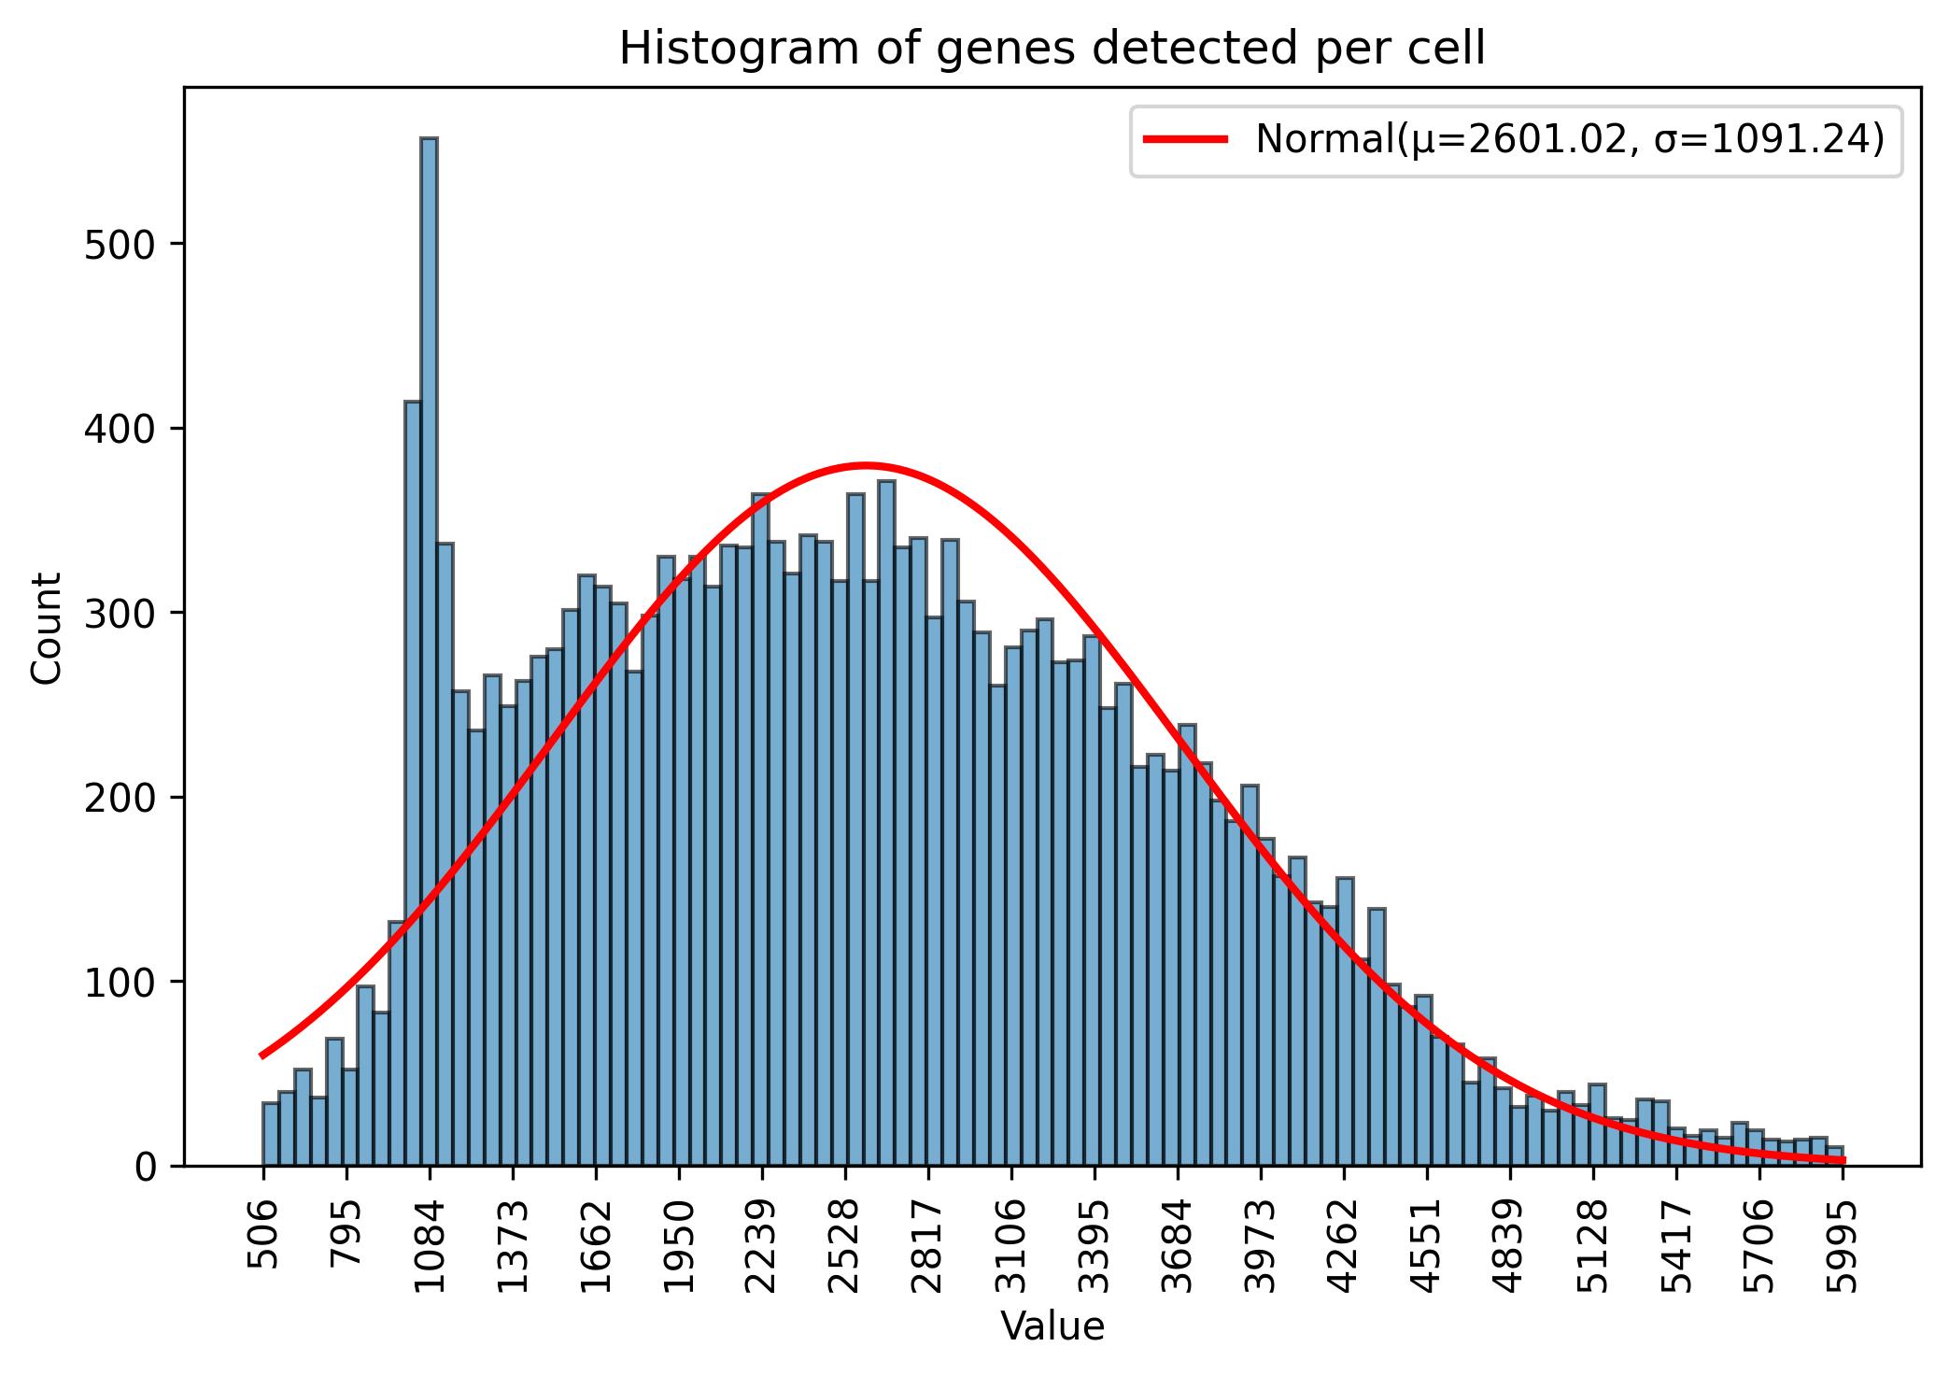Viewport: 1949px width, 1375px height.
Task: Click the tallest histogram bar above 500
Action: point(429,654)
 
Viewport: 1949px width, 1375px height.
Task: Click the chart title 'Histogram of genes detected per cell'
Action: point(1052,50)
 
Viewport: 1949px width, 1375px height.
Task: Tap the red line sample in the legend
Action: point(1185,139)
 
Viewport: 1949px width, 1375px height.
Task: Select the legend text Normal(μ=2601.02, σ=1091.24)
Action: point(1569,140)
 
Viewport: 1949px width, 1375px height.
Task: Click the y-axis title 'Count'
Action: point(47,628)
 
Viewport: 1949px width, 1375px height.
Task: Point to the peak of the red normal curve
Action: point(865,464)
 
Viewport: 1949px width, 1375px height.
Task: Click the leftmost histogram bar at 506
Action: point(271,1135)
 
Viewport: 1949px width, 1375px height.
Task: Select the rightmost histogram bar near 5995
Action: point(1835,1156)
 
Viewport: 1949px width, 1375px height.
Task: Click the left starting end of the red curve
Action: point(262,1056)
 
